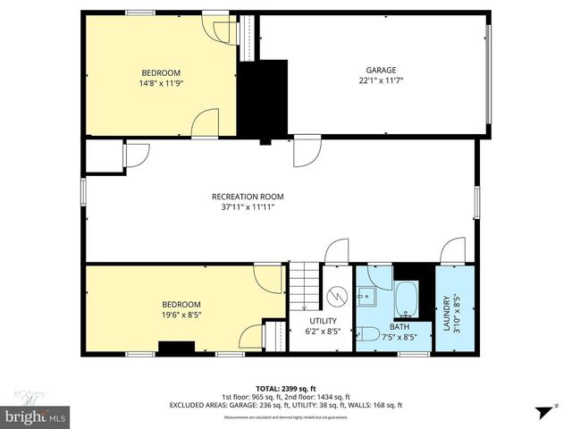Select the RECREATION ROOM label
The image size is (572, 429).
coord(248,197)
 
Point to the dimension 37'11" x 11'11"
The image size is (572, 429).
coord(248,207)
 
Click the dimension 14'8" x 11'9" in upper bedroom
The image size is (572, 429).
coord(161,83)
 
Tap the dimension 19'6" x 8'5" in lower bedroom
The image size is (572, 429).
coord(181,315)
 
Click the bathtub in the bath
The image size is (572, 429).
coord(407,299)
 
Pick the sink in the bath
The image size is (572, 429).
coord(367,295)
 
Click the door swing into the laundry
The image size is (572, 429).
coord(454,251)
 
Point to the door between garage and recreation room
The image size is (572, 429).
coord(307,147)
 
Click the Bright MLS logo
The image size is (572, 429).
coord(36,416)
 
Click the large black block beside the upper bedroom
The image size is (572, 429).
coord(263,97)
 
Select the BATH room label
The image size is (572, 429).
coord(399,326)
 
